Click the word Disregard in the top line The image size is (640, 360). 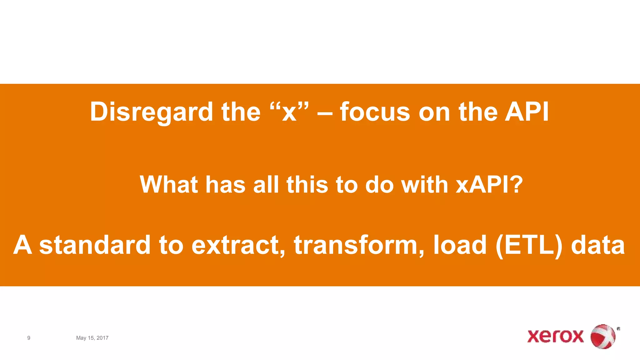point(152,112)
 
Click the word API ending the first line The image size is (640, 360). point(527,112)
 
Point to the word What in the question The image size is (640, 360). point(168,184)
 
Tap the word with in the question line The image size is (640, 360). point(425,184)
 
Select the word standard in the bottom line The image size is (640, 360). point(95,245)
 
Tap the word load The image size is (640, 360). point(460,245)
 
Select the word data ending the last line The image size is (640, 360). point(598,245)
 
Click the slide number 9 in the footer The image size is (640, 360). point(29,338)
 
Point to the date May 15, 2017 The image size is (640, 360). point(92,338)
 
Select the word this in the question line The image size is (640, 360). point(307,184)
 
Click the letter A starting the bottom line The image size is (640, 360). point(22,245)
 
